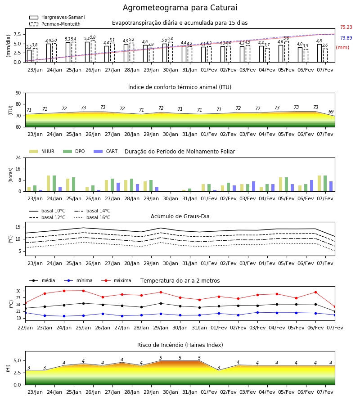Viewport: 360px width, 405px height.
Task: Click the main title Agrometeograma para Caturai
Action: (180, 8)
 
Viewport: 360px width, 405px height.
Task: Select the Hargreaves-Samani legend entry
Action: (57, 17)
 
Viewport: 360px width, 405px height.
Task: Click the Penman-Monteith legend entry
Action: (55, 24)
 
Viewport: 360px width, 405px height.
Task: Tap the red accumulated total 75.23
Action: (346, 27)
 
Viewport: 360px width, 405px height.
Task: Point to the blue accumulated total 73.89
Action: (346, 38)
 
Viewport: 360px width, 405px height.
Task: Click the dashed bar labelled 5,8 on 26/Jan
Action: (93, 51)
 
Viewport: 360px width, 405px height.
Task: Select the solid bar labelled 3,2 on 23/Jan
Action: (29, 56)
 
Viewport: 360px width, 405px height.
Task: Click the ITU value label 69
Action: (331, 112)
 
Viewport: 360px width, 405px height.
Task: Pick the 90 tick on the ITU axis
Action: (18, 93)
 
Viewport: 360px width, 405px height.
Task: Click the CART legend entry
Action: (105, 151)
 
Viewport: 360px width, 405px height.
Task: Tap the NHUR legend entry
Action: (41, 151)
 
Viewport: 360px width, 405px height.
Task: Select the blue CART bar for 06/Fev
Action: (312, 186)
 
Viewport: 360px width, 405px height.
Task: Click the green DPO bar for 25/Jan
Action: (74, 184)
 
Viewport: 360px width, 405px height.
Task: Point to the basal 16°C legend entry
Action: (92, 217)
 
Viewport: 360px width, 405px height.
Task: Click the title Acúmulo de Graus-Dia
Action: (180, 216)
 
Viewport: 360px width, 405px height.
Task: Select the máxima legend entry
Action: (116, 280)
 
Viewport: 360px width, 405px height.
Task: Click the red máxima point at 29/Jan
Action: (161, 292)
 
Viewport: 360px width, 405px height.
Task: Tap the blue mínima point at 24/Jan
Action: (64, 316)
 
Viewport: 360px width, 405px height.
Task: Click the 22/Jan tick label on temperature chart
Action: (25, 328)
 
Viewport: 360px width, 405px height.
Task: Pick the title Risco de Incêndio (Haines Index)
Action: (180, 345)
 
